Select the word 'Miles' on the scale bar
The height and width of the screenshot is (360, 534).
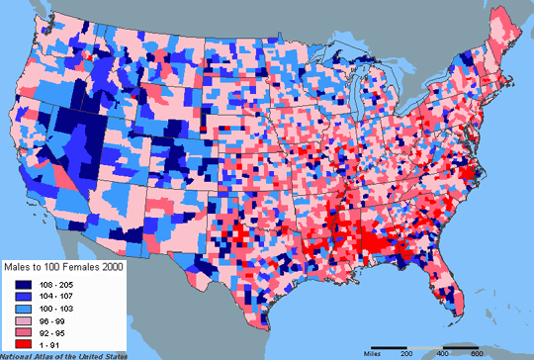[373, 350]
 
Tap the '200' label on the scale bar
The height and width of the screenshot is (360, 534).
[404, 351]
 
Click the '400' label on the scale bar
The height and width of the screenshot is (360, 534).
[441, 351]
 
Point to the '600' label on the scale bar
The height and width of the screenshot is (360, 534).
[478, 351]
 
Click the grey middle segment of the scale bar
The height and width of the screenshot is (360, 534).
[422, 344]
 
